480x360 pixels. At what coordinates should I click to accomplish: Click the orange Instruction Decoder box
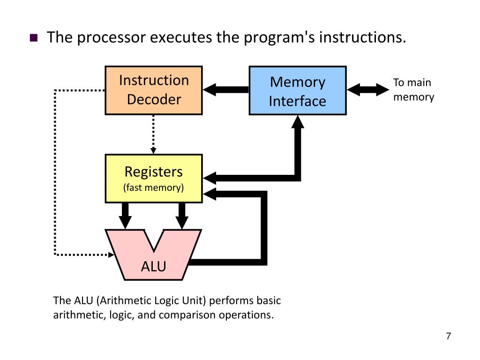click(154, 90)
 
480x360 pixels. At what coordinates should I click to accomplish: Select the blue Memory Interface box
click(298, 90)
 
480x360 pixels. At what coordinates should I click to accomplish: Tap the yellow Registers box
click(154, 179)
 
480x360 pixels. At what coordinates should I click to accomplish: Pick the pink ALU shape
click(154, 255)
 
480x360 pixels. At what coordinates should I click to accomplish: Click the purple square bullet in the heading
click(34, 37)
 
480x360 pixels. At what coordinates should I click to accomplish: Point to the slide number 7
click(449, 336)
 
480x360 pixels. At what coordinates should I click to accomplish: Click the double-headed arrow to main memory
click(368, 90)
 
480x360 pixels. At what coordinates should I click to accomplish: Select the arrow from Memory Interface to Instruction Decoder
click(226, 90)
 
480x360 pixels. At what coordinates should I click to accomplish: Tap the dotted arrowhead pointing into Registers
click(153, 150)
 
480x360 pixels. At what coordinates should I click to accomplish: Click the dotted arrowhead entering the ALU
click(112, 255)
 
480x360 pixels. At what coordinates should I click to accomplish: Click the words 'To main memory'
click(413, 90)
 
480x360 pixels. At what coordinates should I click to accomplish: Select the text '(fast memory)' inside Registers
click(153, 187)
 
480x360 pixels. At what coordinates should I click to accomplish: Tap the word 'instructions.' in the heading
click(363, 37)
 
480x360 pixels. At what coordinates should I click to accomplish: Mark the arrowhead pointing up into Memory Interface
click(298, 122)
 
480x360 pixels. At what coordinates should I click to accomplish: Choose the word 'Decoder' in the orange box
click(154, 99)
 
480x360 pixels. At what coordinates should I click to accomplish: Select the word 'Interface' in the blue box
click(298, 101)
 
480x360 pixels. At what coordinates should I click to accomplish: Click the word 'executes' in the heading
click(181, 37)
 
